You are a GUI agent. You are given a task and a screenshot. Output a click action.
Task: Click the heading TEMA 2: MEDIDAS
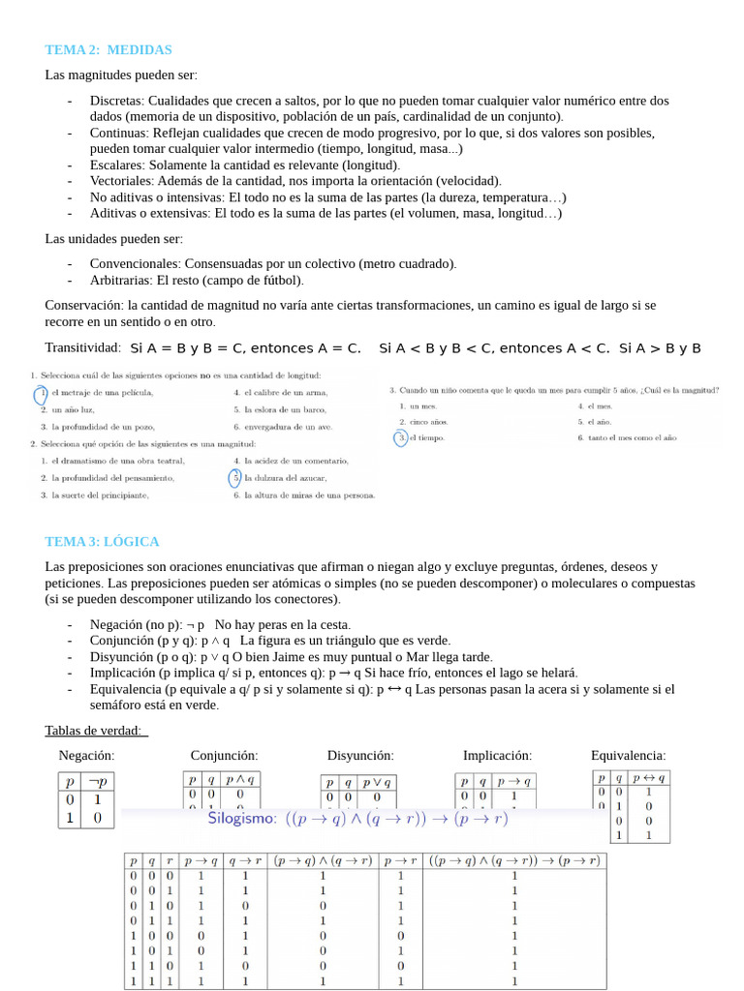[x=108, y=49]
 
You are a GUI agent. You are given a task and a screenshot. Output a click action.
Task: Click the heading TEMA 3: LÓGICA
[x=102, y=541]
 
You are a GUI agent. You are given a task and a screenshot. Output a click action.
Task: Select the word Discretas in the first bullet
[x=117, y=101]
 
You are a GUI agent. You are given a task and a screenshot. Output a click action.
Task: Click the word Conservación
[x=83, y=305]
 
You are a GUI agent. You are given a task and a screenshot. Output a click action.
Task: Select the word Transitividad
[x=82, y=347]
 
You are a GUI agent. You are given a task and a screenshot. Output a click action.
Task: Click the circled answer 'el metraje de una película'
[x=101, y=393]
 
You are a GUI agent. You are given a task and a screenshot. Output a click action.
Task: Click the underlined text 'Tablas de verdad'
[x=94, y=730]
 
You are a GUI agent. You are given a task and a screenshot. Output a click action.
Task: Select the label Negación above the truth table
[x=86, y=755]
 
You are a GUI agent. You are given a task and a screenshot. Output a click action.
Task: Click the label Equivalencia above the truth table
[x=628, y=755]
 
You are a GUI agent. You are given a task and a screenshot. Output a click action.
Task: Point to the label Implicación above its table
[x=497, y=755]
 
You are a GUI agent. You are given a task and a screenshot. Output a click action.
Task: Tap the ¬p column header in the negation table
[x=99, y=781]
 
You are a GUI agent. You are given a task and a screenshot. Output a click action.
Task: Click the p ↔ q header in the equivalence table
[x=648, y=777]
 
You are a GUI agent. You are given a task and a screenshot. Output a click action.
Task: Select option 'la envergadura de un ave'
[x=288, y=426]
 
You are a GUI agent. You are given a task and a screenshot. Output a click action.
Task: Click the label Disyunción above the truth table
[x=360, y=755]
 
